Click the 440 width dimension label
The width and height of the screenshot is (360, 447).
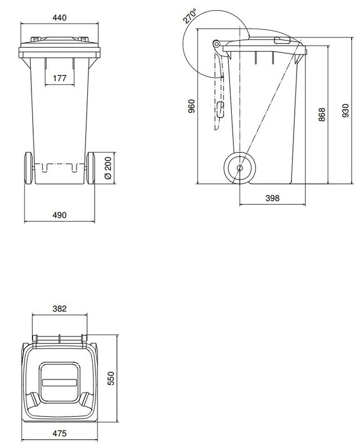59,17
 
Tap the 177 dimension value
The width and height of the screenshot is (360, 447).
60,78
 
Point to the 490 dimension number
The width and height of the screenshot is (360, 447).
60,215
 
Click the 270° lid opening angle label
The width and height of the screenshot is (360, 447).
190,16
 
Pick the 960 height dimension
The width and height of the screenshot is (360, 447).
192,106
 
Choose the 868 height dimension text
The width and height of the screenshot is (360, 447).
322,114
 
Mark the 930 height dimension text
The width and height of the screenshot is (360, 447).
345,110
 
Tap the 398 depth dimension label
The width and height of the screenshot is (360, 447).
272,198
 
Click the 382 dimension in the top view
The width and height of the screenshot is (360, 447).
60,309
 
